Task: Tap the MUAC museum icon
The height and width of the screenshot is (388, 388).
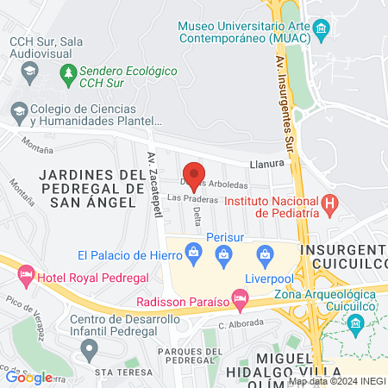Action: [x=321, y=33]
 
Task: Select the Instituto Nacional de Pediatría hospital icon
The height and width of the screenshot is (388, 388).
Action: [x=329, y=205]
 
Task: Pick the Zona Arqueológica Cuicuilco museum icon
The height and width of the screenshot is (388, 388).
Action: [x=354, y=322]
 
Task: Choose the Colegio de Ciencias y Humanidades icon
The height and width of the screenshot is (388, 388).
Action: [x=18, y=110]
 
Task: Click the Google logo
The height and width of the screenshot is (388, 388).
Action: [x=29, y=377]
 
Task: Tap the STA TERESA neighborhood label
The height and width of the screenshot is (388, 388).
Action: [x=117, y=372]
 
